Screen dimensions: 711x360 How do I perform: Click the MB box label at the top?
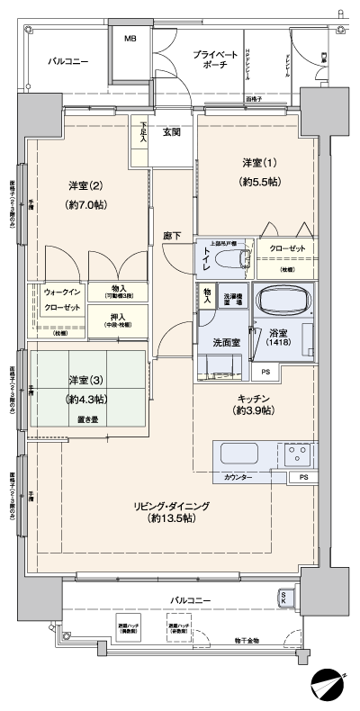[130, 40]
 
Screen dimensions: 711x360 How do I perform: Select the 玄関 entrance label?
[172, 131]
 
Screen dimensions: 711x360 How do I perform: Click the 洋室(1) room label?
[257, 170]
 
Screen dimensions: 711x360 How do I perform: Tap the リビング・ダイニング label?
[166, 513]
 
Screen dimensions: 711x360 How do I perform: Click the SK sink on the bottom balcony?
[284, 598]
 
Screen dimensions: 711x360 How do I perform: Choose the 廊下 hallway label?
[171, 236]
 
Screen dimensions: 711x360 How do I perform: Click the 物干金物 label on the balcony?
[267, 640]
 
